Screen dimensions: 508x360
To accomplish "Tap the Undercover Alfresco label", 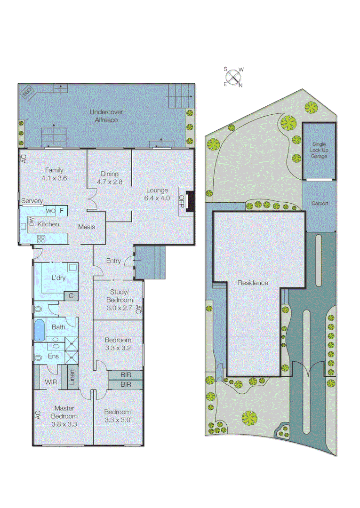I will coord(104,116).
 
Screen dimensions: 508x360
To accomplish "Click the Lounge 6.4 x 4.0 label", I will coord(157,194).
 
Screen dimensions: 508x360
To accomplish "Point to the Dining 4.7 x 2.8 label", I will coord(110,178).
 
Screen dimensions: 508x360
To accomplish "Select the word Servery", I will coord(32,201).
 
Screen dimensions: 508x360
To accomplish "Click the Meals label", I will coord(87,227).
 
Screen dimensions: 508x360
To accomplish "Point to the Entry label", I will coord(113,261).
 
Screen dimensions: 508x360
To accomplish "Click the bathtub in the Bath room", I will coord(39,330).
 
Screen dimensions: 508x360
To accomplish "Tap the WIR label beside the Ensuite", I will coord(51,382).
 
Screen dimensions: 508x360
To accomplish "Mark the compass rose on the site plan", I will coord(233,77).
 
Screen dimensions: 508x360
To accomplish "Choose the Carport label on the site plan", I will coord(320,204).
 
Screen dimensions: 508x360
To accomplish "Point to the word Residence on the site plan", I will coord(253,283).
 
